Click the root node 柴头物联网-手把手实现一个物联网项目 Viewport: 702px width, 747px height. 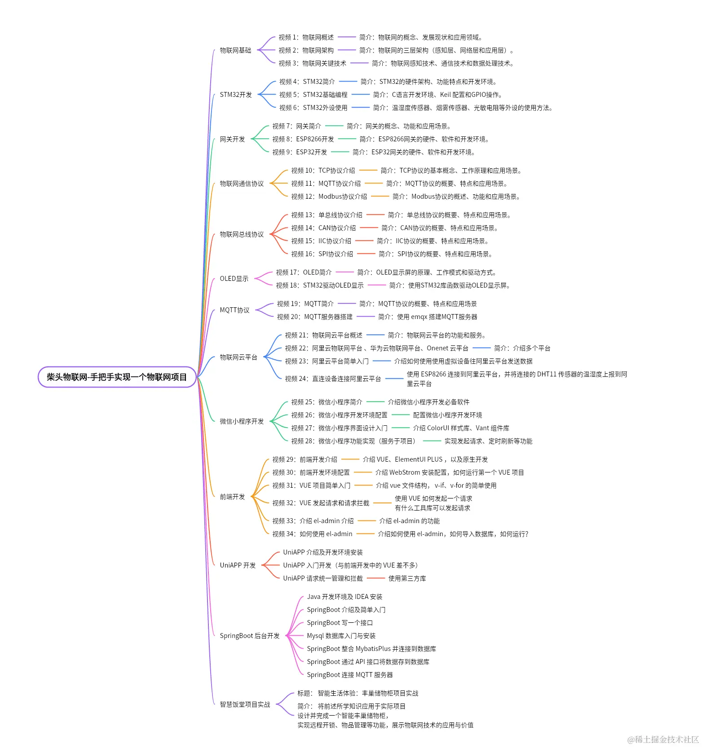[117, 377]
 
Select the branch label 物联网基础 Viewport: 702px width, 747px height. [235, 50]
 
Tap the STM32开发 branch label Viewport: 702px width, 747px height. [236, 95]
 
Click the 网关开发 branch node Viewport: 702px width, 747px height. [232, 139]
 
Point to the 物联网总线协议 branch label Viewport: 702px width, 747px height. [242, 234]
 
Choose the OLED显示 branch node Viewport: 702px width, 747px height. [234, 279]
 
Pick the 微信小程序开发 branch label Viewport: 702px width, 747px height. [242, 421]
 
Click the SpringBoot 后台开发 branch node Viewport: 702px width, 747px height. [250, 636]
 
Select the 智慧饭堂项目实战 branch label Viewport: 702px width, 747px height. [245, 704]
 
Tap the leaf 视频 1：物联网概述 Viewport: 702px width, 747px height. [306, 37]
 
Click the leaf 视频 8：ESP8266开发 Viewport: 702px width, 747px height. [303, 139]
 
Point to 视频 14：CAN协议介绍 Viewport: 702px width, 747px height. [323, 228]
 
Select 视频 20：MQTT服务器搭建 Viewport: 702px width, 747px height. [314, 317]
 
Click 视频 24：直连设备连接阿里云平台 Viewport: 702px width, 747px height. [333, 379]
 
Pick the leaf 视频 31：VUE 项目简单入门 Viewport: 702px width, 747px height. [311, 485]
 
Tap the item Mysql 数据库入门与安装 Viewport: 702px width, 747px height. [341, 636]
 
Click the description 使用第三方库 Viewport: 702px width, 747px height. [407, 578]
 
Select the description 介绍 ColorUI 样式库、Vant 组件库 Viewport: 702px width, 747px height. [461, 428]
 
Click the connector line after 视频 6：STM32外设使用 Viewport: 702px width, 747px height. [360, 108]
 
